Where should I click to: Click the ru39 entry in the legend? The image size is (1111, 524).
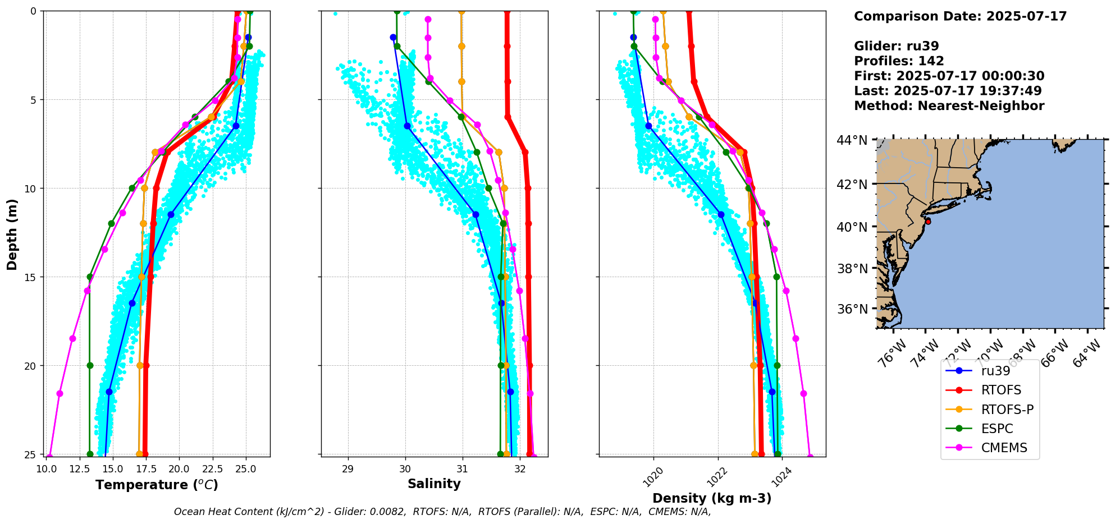[995, 371]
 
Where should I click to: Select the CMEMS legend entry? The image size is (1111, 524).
[1004, 448]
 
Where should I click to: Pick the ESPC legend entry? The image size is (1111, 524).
[997, 429]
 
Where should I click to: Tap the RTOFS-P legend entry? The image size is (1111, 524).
[1007, 410]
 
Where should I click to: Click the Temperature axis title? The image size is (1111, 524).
[157, 485]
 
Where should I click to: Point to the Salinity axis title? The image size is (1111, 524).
[434, 484]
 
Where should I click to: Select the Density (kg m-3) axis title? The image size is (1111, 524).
[712, 498]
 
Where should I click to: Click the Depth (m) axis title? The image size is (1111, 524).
[12, 233]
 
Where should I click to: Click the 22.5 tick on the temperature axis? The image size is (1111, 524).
[212, 468]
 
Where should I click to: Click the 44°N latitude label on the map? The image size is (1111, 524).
[852, 140]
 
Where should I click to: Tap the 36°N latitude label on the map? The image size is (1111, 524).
[852, 309]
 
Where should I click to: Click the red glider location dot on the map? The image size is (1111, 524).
[928, 222]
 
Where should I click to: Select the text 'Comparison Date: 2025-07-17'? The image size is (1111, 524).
[960, 16]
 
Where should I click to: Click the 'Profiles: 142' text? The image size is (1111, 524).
[899, 61]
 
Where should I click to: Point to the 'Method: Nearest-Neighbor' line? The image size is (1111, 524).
[949, 106]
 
